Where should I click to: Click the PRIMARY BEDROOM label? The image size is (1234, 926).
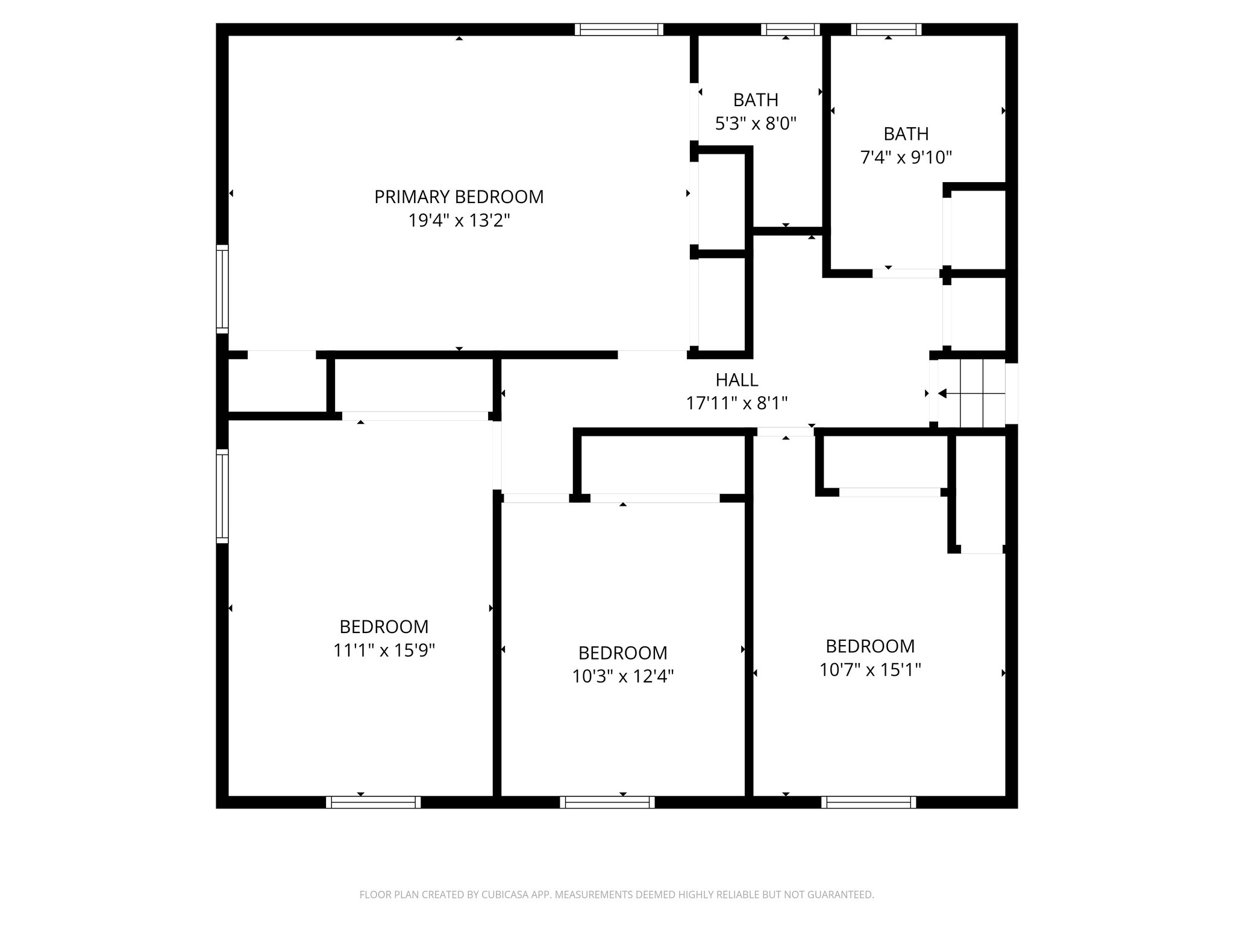tap(459, 197)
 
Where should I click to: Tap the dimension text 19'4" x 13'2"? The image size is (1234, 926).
tap(459, 221)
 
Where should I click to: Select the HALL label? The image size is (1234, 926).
tap(736, 380)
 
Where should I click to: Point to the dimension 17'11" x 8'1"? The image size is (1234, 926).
tap(736, 403)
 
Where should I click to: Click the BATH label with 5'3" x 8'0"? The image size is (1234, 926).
tap(756, 100)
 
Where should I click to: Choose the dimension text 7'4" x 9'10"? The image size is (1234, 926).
tap(906, 158)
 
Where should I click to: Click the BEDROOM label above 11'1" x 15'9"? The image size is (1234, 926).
tap(384, 627)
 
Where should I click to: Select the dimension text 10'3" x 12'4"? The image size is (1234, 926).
tap(622, 677)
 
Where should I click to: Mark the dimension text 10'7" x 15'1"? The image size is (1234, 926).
tap(870, 670)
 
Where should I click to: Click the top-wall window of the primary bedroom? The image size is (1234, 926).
tap(618, 30)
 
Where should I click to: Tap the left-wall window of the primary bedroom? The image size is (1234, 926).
tap(222, 289)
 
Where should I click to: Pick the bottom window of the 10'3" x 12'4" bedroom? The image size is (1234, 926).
tap(607, 802)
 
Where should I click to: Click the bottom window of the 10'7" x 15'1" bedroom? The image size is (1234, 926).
tap(868, 802)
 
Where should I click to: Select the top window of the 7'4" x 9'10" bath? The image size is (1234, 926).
tap(886, 30)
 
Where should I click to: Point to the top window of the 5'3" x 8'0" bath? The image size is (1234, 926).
tap(790, 30)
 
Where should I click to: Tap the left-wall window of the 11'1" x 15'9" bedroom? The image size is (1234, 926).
tap(222, 496)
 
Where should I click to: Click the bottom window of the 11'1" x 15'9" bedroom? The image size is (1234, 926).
tap(373, 802)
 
